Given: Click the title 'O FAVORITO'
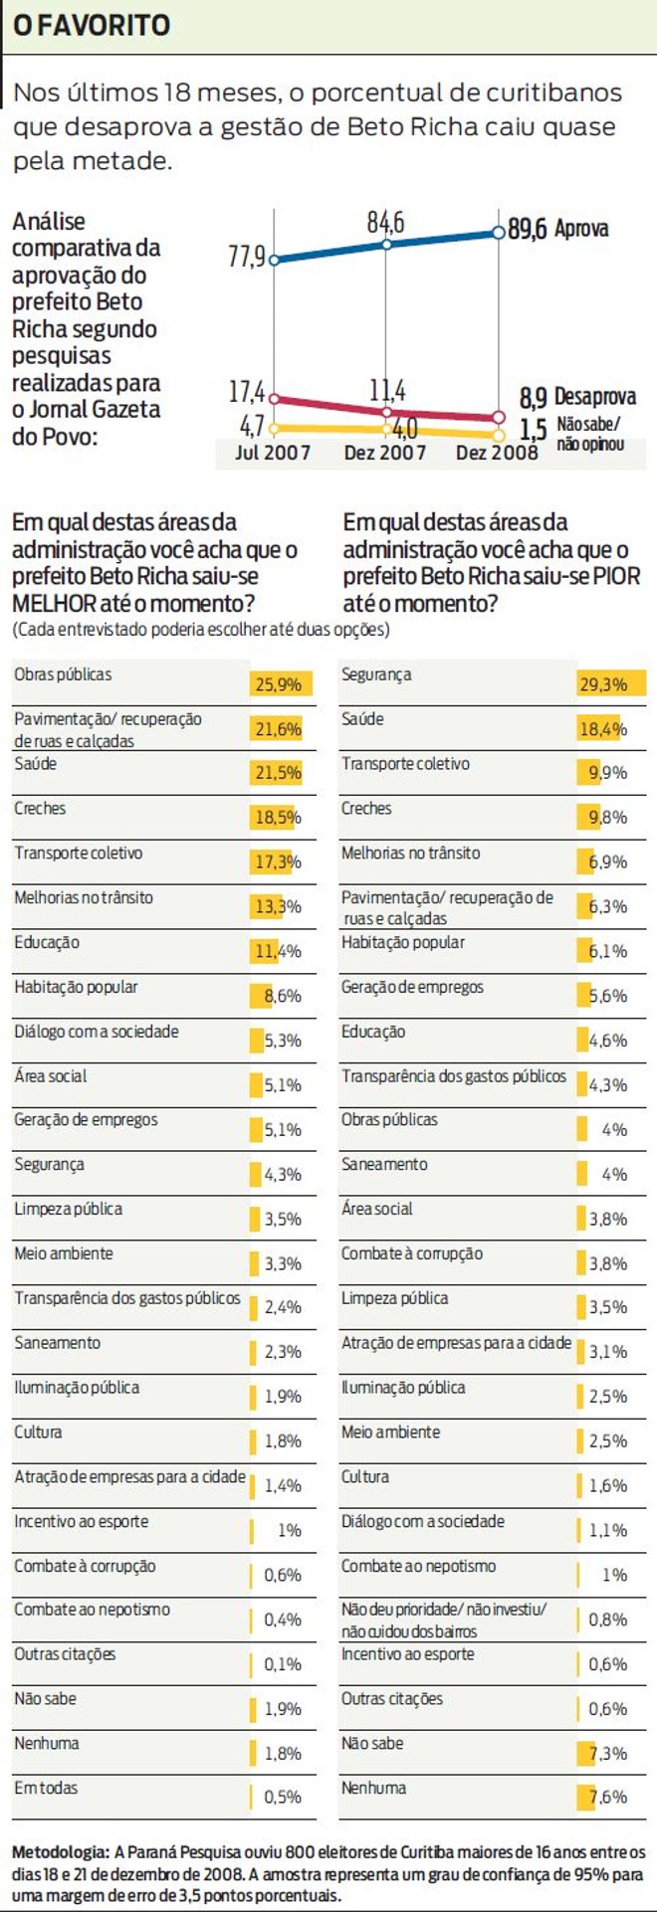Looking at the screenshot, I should (91, 25).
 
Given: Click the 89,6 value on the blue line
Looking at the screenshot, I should (528, 229).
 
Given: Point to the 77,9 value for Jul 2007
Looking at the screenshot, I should (246, 257).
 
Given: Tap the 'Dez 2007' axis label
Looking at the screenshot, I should (384, 453).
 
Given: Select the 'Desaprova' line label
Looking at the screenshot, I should (594, 397).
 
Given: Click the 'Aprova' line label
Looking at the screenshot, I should (581, 229).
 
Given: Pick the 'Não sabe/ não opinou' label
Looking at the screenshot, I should (590, 435).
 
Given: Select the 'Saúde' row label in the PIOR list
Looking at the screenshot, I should (362, 719).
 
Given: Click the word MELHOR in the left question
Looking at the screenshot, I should (56, 603).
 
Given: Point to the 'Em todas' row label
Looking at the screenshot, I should (46, 1788).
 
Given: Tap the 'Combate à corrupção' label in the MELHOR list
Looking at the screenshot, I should (85, 1566).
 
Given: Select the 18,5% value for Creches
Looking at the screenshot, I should (278, 818).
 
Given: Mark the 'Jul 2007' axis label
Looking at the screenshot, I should (272, 453).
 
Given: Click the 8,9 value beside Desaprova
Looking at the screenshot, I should (534, 398).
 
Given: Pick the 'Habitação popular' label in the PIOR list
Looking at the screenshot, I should (403, 942).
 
